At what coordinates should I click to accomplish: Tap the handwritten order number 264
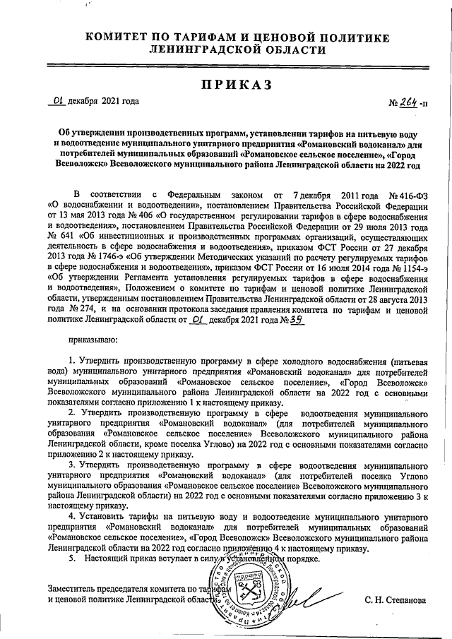click(407, 102)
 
